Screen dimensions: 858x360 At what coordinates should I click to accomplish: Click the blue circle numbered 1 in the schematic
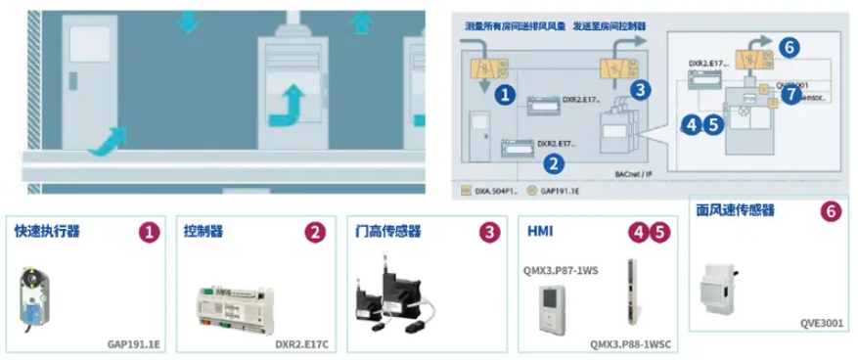point(505,95)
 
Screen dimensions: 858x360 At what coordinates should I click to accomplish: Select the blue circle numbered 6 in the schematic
point(790,45)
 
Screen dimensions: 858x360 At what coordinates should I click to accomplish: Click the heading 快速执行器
point(47,232)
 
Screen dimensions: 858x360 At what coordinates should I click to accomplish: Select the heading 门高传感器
point(388,232)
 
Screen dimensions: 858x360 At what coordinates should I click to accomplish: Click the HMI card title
point(540,232)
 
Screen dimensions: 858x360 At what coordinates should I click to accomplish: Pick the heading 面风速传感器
point(735,210)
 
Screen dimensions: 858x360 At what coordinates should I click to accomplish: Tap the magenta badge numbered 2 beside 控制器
point(315,232)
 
